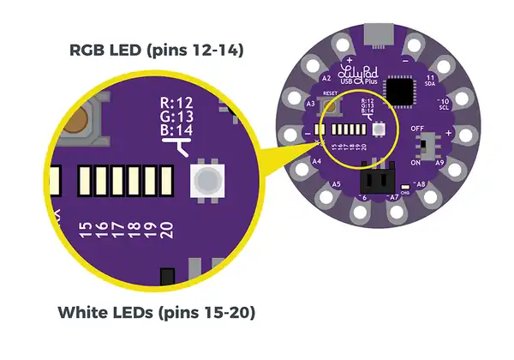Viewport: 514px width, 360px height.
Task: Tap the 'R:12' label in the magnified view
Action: [179, 103]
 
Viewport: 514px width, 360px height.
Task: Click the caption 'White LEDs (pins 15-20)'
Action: [157, 313]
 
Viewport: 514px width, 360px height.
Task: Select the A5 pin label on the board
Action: [337, 184]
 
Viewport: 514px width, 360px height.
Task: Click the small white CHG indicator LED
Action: [404, 189]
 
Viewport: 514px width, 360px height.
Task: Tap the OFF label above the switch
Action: [419, 128]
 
